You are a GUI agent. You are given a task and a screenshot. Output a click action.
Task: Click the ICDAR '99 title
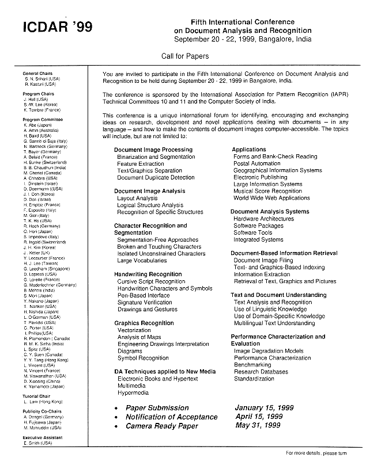coord(56,27)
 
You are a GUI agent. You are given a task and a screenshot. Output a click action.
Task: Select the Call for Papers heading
coord(185,56)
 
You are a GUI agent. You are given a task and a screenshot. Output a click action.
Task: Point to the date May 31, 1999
coord(258,426)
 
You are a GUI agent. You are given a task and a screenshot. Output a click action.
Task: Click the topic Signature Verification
coord(145,302)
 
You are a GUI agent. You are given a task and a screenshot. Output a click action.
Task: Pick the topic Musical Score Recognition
coord(267,191)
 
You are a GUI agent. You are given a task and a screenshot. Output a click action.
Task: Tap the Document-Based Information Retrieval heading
coord(284,253)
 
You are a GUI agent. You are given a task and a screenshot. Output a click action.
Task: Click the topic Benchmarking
coord(252,365)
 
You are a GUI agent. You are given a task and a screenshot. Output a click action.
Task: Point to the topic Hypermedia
coord(133,393)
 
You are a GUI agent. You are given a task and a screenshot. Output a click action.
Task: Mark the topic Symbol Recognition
coord(143,358)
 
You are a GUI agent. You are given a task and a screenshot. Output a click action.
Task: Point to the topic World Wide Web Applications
coord(271,198)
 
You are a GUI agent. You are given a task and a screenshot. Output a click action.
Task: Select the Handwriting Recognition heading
coord(148,274)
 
